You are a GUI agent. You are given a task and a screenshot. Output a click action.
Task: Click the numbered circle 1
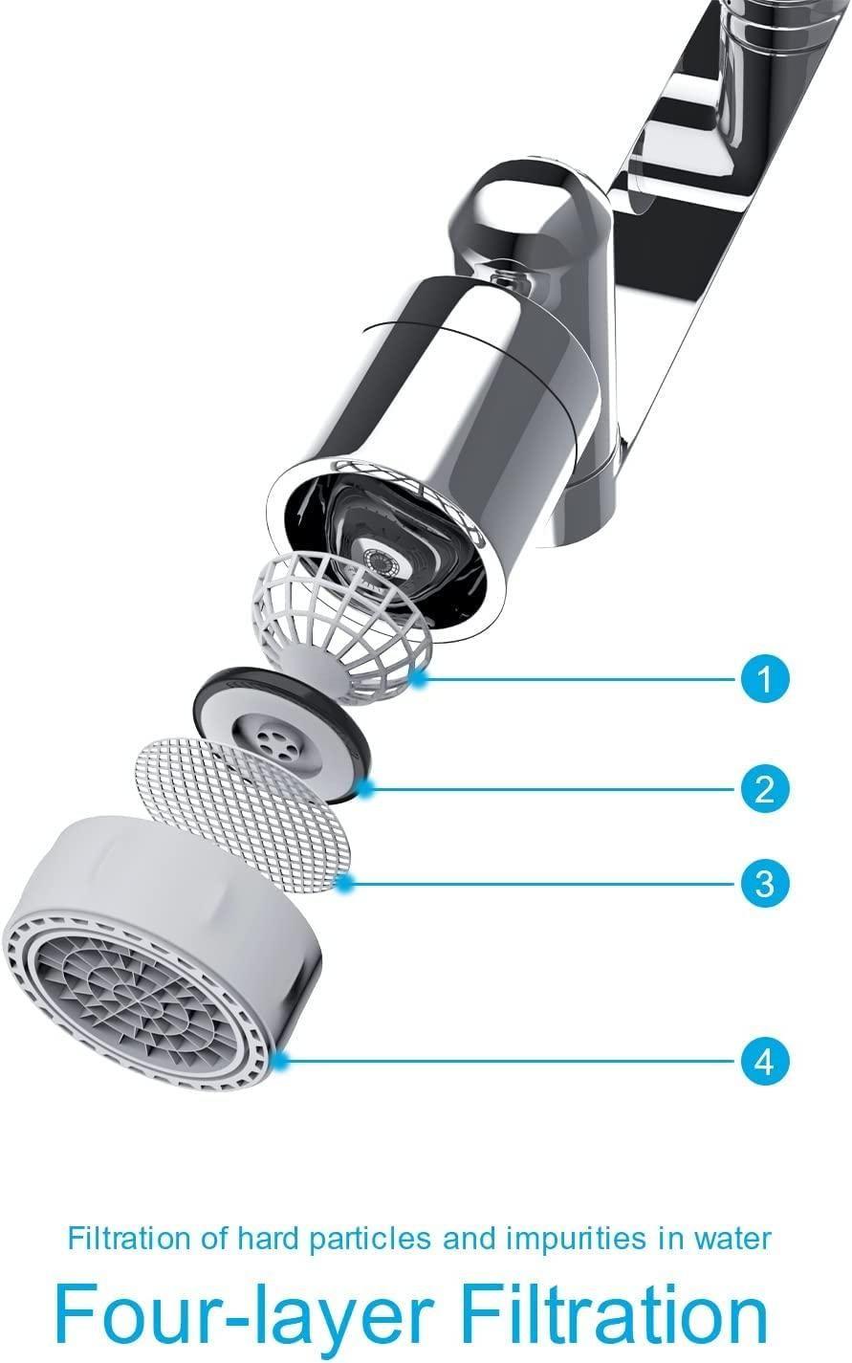(x=764, y=679)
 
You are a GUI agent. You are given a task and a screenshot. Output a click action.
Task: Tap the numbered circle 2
(x=764, y=789)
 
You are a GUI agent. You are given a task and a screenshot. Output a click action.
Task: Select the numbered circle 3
(x=764, y=882)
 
